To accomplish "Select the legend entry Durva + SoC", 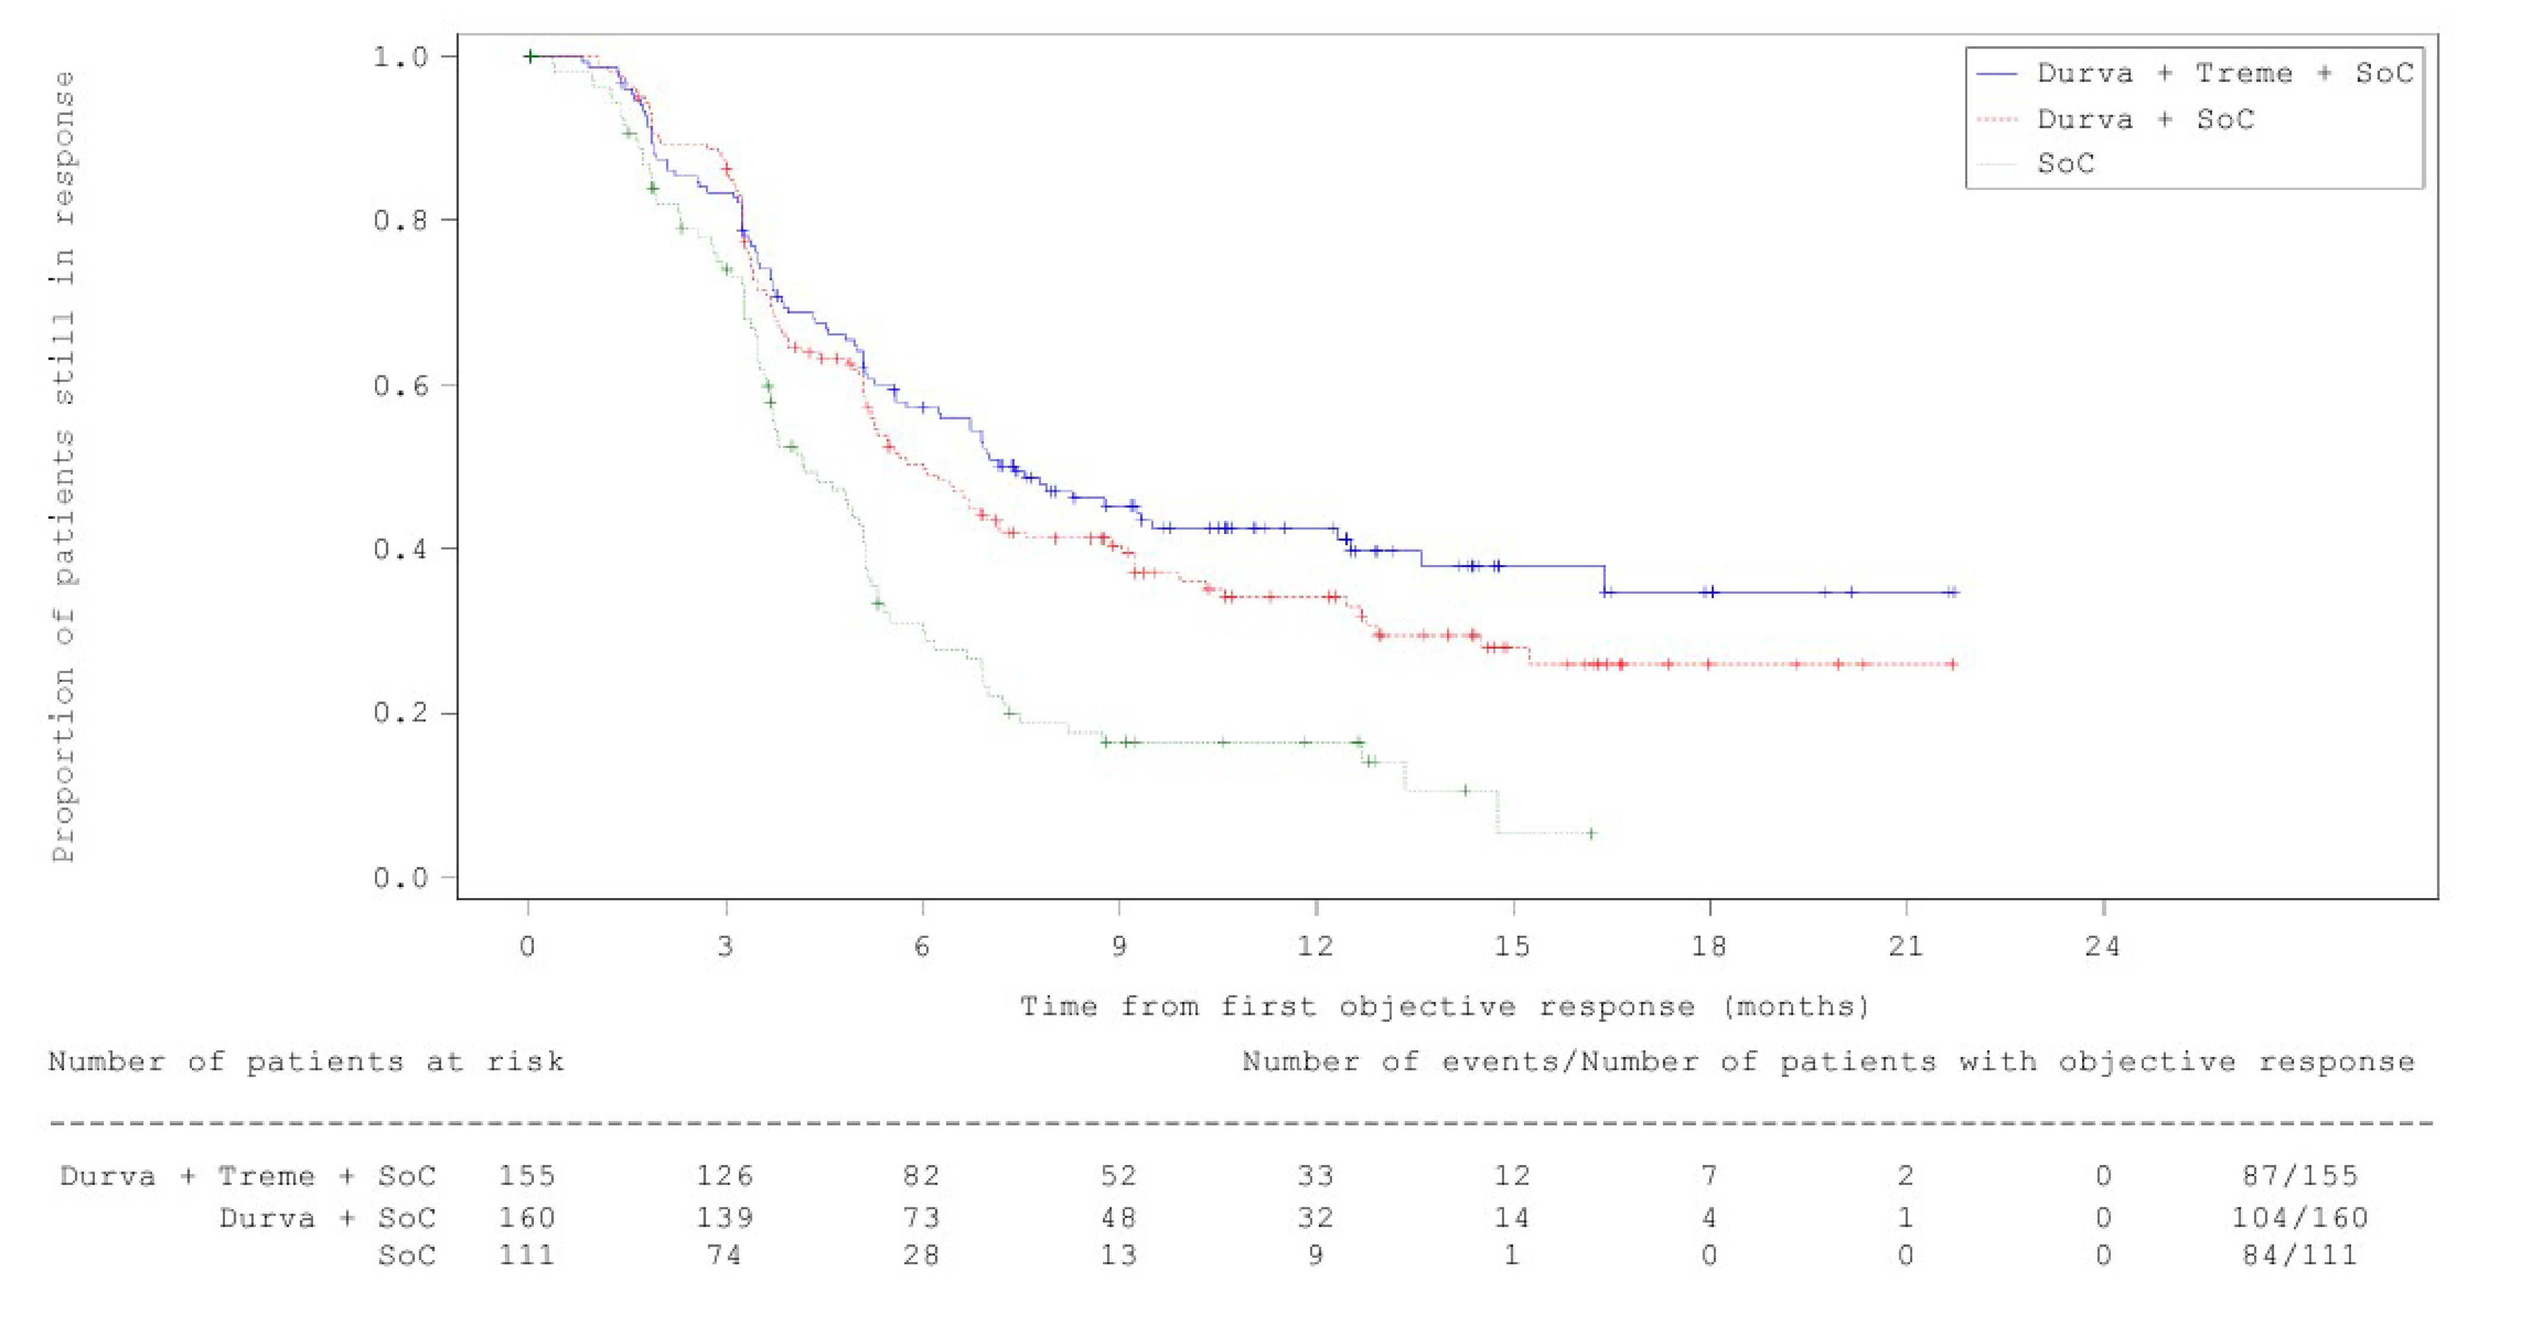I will click(x=2145, y=120).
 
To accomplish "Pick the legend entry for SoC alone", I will click(x=2066, y=163).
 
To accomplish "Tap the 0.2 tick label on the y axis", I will click(x=401, y=712).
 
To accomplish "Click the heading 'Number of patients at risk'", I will click(x=306, y=1062).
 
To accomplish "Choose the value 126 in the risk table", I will click(x=725, y=1176).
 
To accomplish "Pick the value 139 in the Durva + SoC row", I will click(x=725, y=1218).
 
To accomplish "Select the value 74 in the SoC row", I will click(x=725, y=1255).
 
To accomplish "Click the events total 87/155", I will click(x=2299, y=1176).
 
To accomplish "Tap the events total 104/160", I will click(x=2299, y=1218).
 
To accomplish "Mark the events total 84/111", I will click(x=2299, y=1255).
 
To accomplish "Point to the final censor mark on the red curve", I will click(x=1952, y=664).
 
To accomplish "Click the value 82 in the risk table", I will click(x=921, y=1176).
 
